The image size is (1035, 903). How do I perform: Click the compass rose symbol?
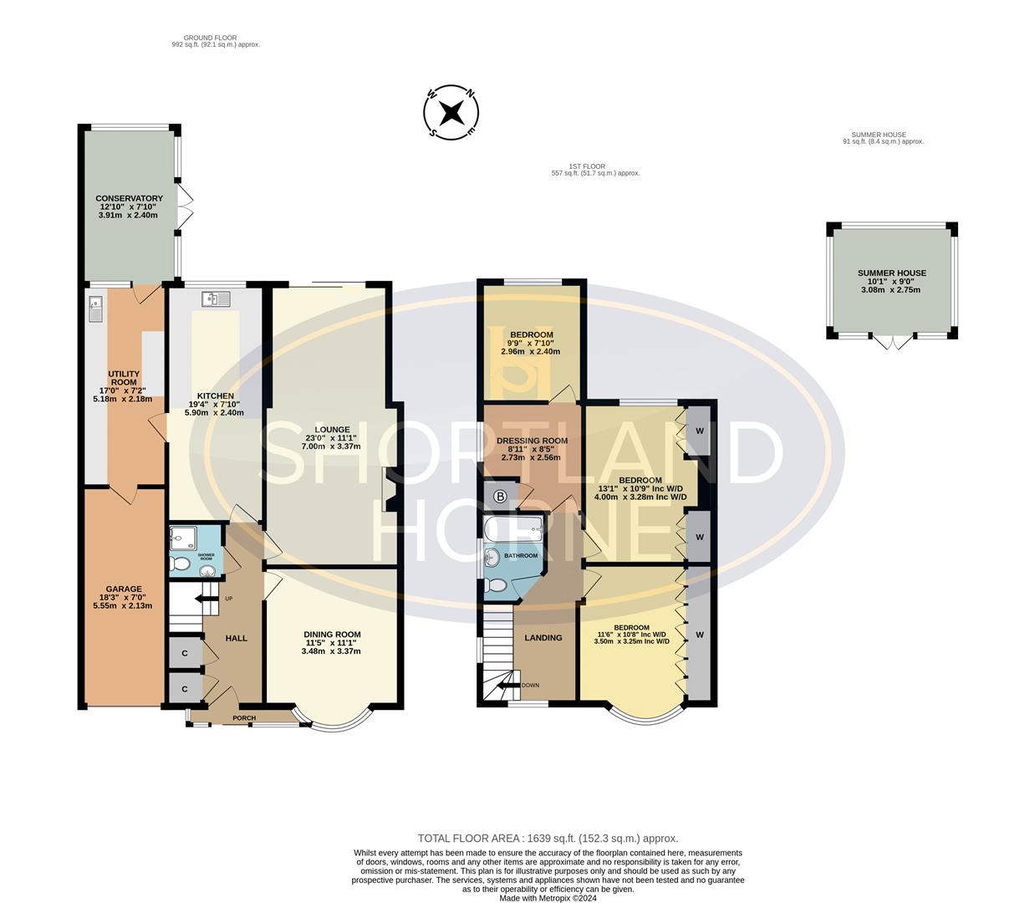pyautogui.click(x=451, y=111)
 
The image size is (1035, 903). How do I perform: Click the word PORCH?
pyautogui.click(x=244, y=718)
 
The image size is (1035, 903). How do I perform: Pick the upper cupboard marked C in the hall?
pyautogui.click(x=185, y=654)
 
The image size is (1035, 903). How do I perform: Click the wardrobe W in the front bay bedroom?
pyautogui.click(x=700, y=635)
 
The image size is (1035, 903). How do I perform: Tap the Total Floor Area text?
pyautogui.click(x=548, y=838)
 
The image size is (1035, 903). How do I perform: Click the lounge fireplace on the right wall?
pyautogui.click(x=388, y=489)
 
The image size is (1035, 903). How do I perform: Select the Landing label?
pyautogui.click(x=543, y=638)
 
